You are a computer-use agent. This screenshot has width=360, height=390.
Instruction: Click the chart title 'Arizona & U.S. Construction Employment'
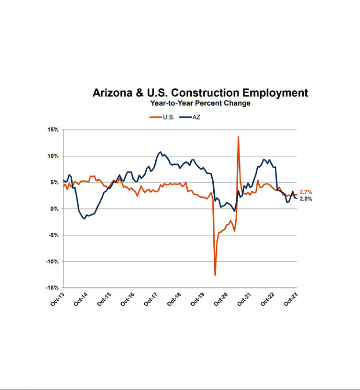point(200,93)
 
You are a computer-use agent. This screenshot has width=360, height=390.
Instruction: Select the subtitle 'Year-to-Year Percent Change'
point(200,103)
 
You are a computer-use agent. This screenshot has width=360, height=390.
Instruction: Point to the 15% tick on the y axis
point(52,130)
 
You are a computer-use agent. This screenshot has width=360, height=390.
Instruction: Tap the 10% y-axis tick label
point(52,156)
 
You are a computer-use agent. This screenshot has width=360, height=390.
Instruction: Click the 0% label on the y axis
point(54,209)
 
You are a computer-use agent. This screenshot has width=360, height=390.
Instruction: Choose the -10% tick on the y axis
point(52,261)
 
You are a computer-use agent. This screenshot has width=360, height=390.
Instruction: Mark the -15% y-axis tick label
point(52,287)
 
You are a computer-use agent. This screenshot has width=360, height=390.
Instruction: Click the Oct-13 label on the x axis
point(57,299)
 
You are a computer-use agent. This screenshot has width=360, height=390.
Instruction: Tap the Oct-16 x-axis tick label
point(127,299)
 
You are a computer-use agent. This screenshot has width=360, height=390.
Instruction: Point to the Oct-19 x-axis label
point(197,299)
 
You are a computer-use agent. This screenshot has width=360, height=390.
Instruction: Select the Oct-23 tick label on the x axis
point(291,299)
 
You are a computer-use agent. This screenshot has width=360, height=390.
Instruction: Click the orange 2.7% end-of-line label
point(306,192)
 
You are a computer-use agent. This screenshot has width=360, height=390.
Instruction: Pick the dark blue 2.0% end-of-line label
point(306,199)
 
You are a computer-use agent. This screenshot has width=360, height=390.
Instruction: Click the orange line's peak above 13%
point(238,137)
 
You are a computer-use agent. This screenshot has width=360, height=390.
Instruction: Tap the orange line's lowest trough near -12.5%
point(215,275)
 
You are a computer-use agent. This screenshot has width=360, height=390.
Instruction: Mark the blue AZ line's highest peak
point(160,152)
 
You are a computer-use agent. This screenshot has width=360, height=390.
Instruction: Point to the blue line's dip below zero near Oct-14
point(84,219)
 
